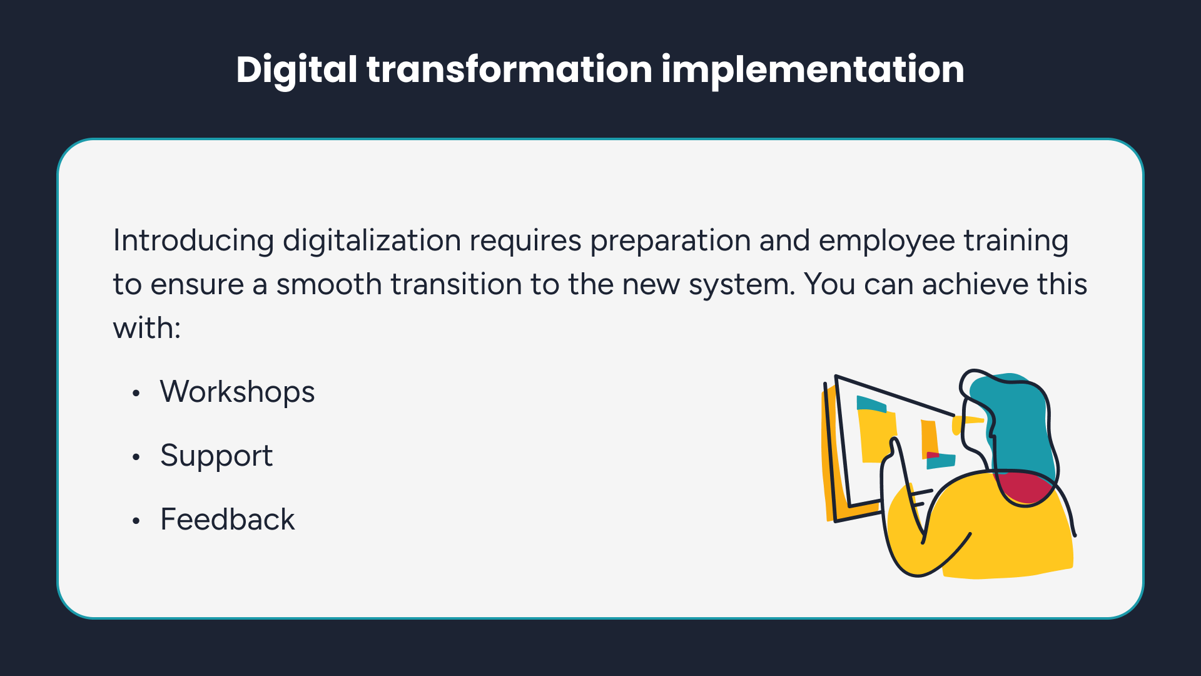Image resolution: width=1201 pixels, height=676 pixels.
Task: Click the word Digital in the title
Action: pyautogui.click(x=296, y=70)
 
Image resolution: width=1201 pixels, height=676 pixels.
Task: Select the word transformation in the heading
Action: pyautogui.click(x=510, y=69)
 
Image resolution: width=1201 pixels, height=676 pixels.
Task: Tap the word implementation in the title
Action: pyautogui.click(x=813, y=70)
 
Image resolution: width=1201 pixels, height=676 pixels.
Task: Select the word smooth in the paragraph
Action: pyautogui.click(x=329, y=285)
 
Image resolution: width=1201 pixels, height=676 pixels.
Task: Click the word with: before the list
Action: pyautogui.click(x=146, y=328)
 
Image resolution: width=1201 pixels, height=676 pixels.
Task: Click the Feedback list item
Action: pyautogui.click(x=227, y=520)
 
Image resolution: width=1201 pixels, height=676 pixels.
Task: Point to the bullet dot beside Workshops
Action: pyautogui.click(x=136, y=394)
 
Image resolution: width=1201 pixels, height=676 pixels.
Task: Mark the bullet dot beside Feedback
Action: pyautogui.click(x=136, y=521)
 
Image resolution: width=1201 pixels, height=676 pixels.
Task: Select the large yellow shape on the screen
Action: pyautogui.click(x=877, y=436)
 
